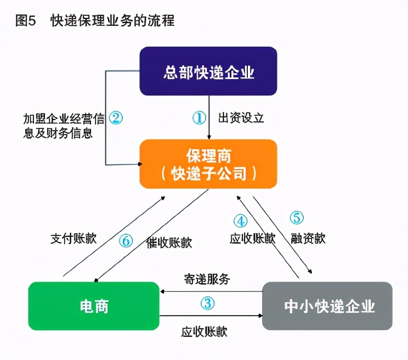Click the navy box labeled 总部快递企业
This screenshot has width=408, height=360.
(x=208, y=71)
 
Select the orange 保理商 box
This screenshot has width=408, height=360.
(x=208, y=164)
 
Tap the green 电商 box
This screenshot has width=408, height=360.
(x=94, y=306)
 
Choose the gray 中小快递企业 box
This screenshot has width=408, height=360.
(x=327, y=306)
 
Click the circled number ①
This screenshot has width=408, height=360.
(x=199, y=117)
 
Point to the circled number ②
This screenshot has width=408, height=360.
(x=116, y=117)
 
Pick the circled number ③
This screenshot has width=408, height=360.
(x=207, y=303)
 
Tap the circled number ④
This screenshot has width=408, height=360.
(x=240, y=221)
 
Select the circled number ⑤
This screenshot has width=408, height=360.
(x=297, y=218)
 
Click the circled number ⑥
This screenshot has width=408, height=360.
(x=126, y=240)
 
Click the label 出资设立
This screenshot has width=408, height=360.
(x=241, y=117)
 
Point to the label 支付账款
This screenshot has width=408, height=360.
(x=73, y=238)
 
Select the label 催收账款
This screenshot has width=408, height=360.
(x=169, y=243)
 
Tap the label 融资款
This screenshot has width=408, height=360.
(x=308, y=238)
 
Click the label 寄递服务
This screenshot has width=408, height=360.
(x=207, y=279)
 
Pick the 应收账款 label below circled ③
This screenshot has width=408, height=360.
(x=204, y=331)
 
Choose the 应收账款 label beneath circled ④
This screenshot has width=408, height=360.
(x=252, y=238)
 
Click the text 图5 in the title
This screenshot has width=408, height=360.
(x=25, y=20)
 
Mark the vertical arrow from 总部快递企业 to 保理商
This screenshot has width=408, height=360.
(x=209, y=117)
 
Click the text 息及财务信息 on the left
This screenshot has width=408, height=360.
(x=58, y=133)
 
